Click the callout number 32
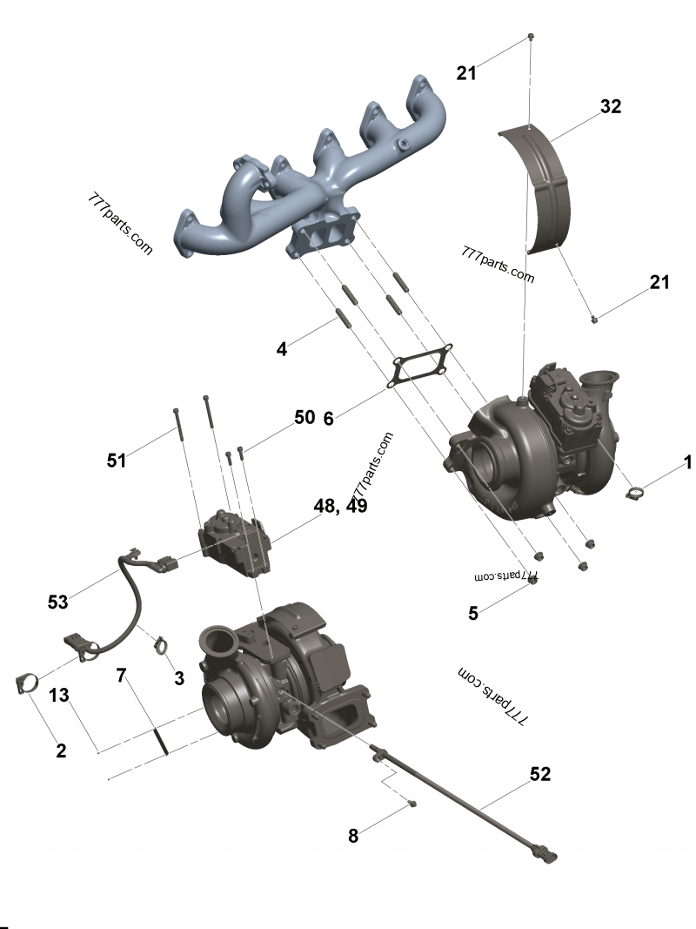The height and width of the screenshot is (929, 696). click(611, 106)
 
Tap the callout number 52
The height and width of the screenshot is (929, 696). click(540, 774)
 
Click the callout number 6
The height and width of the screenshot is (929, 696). click(328, 418)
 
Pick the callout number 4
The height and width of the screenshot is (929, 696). click(281, 349)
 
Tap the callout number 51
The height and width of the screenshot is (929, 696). click(117, 460)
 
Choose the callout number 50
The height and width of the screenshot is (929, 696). click(304, 417)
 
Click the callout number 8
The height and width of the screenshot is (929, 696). click(352, 836)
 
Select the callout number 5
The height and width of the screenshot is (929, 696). click(473, 613)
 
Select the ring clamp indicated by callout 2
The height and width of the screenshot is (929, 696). click(29, 682)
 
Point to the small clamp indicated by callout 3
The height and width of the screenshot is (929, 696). click(160, 646)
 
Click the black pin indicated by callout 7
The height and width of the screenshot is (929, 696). click(160, 741)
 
